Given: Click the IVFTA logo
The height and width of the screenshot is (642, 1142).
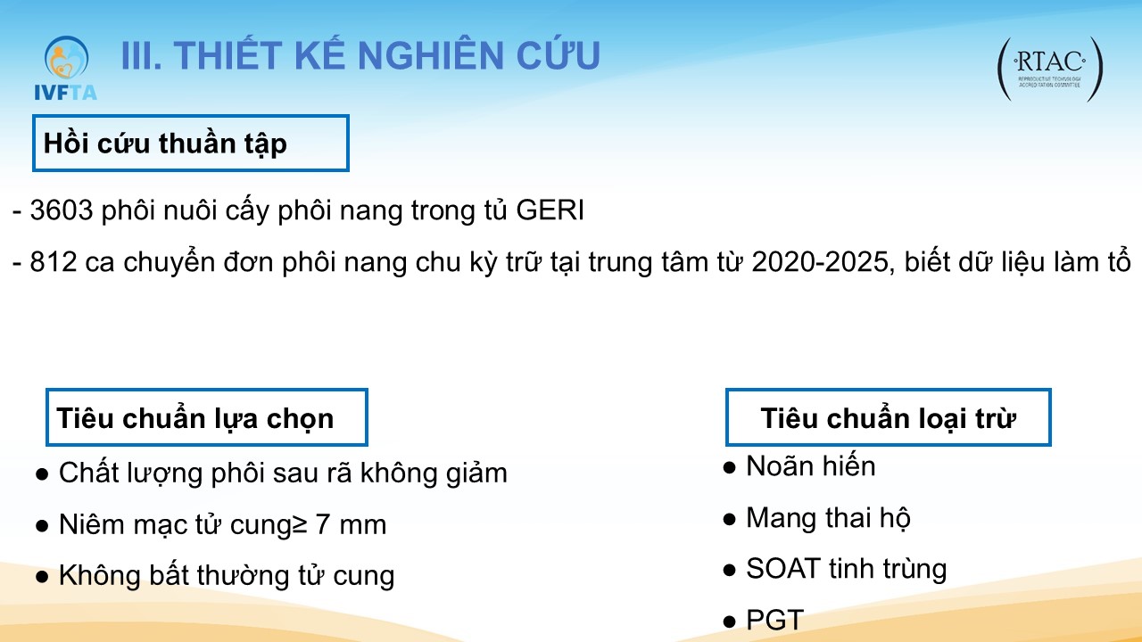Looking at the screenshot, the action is pos(65,68).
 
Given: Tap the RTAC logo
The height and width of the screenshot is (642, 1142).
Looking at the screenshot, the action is pos(1050,70).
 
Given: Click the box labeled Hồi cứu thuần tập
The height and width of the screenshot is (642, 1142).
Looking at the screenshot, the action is pos(191,144).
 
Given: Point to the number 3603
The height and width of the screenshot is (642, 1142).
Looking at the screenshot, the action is pos(62,210).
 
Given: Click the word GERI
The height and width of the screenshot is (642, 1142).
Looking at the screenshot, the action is pos(550,210).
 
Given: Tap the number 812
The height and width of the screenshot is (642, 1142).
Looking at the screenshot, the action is pos(54,262).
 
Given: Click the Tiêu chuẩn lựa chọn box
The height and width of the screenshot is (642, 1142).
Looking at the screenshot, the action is pos(206,417).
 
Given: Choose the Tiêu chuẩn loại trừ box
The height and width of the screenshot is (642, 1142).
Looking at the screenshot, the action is pos(888,417).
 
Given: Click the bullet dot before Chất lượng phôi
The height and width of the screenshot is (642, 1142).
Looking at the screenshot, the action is pos(42,474).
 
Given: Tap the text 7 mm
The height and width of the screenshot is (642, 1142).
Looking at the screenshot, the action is pos(351,524).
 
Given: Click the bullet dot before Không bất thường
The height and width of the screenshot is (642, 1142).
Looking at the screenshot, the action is pos(42,577).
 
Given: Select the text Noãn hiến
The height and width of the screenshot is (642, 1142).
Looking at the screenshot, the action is pos(811,465).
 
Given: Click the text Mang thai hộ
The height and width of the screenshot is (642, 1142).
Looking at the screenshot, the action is pos(828,518).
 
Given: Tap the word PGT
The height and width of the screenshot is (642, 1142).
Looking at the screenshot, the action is pos(775,620).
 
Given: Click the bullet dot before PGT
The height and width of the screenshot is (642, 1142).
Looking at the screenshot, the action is pos(730,621).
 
